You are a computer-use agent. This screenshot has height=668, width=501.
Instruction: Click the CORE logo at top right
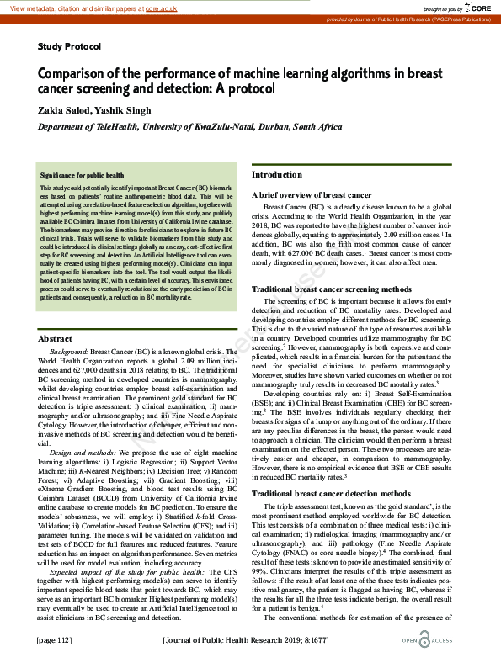pos(477,8)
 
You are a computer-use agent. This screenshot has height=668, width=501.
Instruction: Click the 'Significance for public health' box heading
pos(83,175)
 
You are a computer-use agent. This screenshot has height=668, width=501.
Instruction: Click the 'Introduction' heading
pos(277,175)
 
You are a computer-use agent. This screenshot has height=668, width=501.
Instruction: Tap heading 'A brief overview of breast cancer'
pos(312,194)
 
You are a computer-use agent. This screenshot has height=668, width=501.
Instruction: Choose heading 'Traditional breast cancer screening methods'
pos(332,289)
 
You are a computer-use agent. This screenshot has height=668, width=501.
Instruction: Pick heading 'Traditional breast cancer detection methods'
pos(332,493)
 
